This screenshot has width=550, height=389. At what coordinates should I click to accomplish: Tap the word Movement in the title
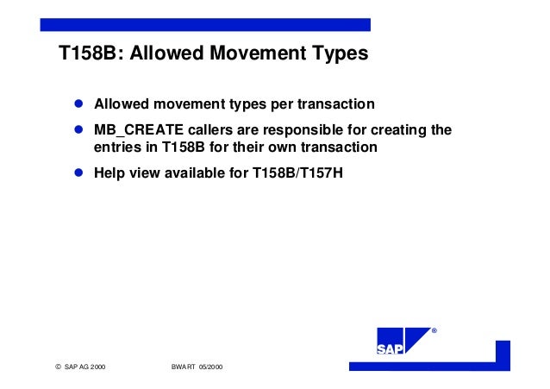click(254, 54)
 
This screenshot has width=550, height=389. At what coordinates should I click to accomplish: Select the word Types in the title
click(338, 54)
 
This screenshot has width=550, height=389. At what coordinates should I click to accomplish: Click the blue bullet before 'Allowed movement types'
click(77, 104)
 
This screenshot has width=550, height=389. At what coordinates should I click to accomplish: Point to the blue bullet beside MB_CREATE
click(77, 130)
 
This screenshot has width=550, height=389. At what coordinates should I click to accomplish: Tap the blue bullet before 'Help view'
click(77, 172)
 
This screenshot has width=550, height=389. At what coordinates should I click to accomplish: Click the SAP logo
click(403, 342)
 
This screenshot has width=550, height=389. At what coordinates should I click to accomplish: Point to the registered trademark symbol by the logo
click(434, 331)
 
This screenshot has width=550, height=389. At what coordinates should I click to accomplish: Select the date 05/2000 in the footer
click(212, 367)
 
